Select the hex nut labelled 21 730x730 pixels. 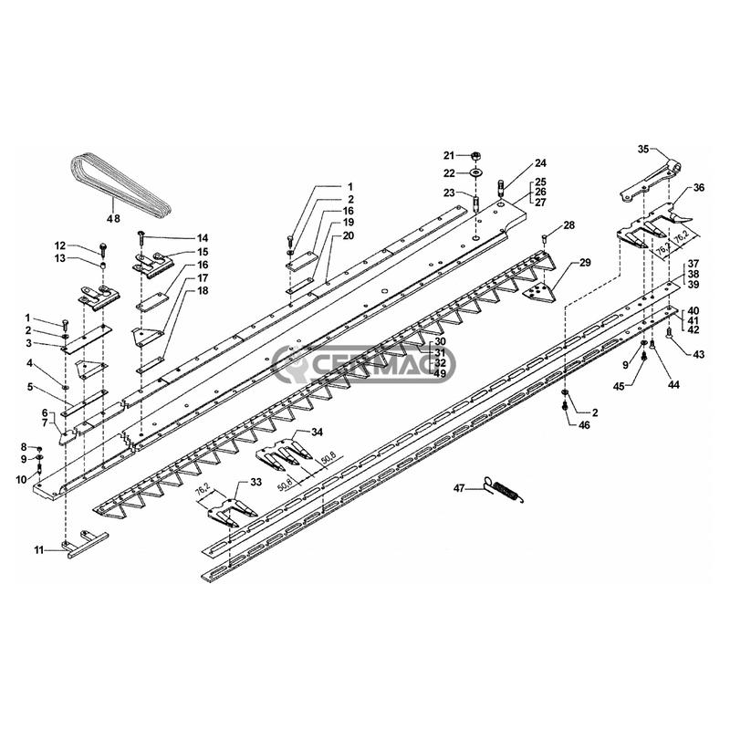(x=475, y=155)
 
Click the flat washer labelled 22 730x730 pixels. (x=475, y=173)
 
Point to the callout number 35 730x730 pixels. (x=643, y=149)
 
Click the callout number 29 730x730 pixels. (x=585, y=263)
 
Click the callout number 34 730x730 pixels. (x=317, y=432)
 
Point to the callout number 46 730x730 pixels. (x=584, y=425)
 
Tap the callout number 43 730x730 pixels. (x=698, y=354)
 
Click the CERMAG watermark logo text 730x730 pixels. (x=363, y=363)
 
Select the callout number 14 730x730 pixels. (x=202, y=238)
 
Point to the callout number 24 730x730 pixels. (x=540, y=163)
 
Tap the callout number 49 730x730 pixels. (x=440, y=373)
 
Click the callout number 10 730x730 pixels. (x=21, y=480)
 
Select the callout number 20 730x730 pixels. (x=348, y=235)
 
